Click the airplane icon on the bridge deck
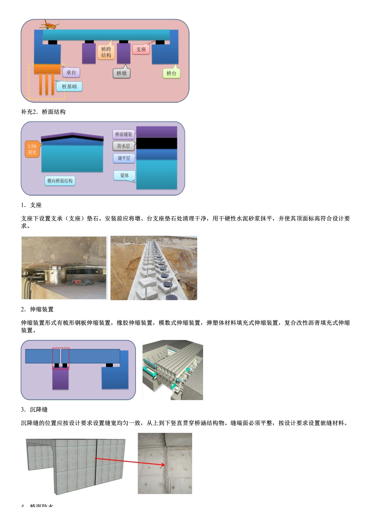49,25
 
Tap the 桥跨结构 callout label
106,52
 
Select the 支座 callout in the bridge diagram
141,49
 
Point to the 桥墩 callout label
121,73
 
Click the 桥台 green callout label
171,73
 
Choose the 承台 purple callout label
71,73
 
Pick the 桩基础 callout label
70,86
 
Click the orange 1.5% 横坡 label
32,149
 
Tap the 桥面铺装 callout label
123,134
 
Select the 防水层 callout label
123,146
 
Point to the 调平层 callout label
124,158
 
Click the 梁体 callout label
124,175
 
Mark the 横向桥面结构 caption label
60,181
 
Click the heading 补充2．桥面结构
43,112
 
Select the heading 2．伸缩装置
37,310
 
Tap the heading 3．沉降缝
34,410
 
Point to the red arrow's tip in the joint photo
164,464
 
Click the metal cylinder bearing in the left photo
54,274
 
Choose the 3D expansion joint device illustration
173,370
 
